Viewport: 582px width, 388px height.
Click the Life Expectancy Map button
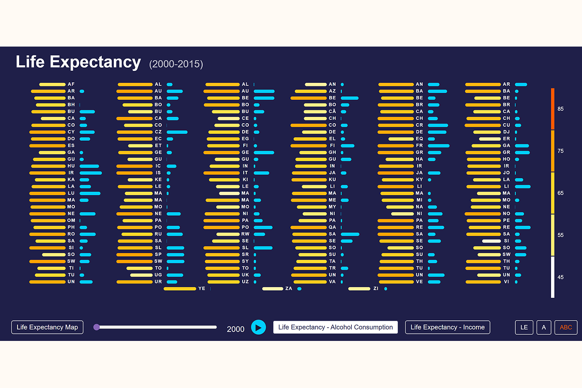pos(47,327)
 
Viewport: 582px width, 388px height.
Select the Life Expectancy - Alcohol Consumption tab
pos(335,327)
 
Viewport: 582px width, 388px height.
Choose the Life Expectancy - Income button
pos(447,327)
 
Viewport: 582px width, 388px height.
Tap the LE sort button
pos(524,327)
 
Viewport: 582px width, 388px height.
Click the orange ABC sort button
pos(565,327)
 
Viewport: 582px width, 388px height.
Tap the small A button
pos(544,327)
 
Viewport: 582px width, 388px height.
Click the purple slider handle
pos(97,327)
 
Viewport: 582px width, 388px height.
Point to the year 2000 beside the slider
pos(235,329)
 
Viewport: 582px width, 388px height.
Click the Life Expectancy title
pos(78,62)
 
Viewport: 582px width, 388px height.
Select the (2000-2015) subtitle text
pos(176,64)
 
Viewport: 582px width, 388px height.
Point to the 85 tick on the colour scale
pos(560,109)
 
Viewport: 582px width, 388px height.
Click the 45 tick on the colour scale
pos(560,277)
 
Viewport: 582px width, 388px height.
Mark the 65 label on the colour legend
pos(560,193)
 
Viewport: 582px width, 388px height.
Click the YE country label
pos(202,289)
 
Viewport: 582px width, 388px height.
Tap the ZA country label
pos(288,289)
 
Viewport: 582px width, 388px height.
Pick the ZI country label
pos(376,289)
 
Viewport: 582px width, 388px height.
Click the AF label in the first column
pos(71,84)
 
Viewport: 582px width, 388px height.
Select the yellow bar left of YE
pos(180,289)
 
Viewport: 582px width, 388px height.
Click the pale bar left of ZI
pos(359,289)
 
